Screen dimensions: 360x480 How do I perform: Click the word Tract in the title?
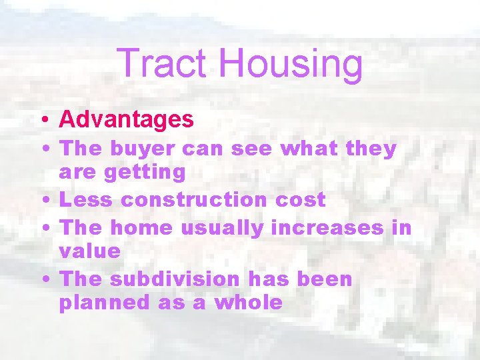[163, 63]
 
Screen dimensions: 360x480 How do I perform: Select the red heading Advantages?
[127, 120]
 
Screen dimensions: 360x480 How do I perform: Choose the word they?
[371, 149]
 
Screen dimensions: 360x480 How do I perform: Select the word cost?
[302, 199]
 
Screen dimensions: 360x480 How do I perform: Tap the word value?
[90, 251]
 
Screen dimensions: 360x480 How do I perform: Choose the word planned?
[105, 303]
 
